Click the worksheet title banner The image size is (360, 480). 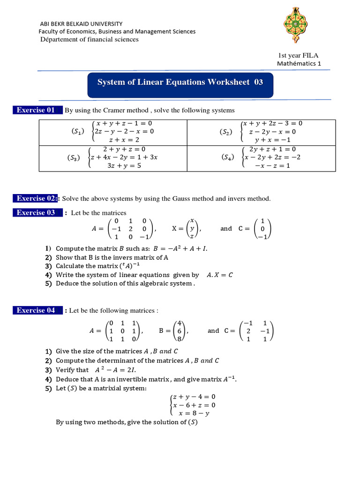(180, 82)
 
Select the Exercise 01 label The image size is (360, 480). (37, 110)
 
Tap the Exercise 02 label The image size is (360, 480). (37, 198)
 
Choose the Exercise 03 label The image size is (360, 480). (37, 213)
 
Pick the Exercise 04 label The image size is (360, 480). (37, 310)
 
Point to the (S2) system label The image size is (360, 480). (226, 132)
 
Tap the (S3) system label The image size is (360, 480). (76, 157)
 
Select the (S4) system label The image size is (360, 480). (229, 157)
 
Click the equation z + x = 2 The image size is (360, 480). (124, 140)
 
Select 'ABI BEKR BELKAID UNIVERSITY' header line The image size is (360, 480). (82, 23)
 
